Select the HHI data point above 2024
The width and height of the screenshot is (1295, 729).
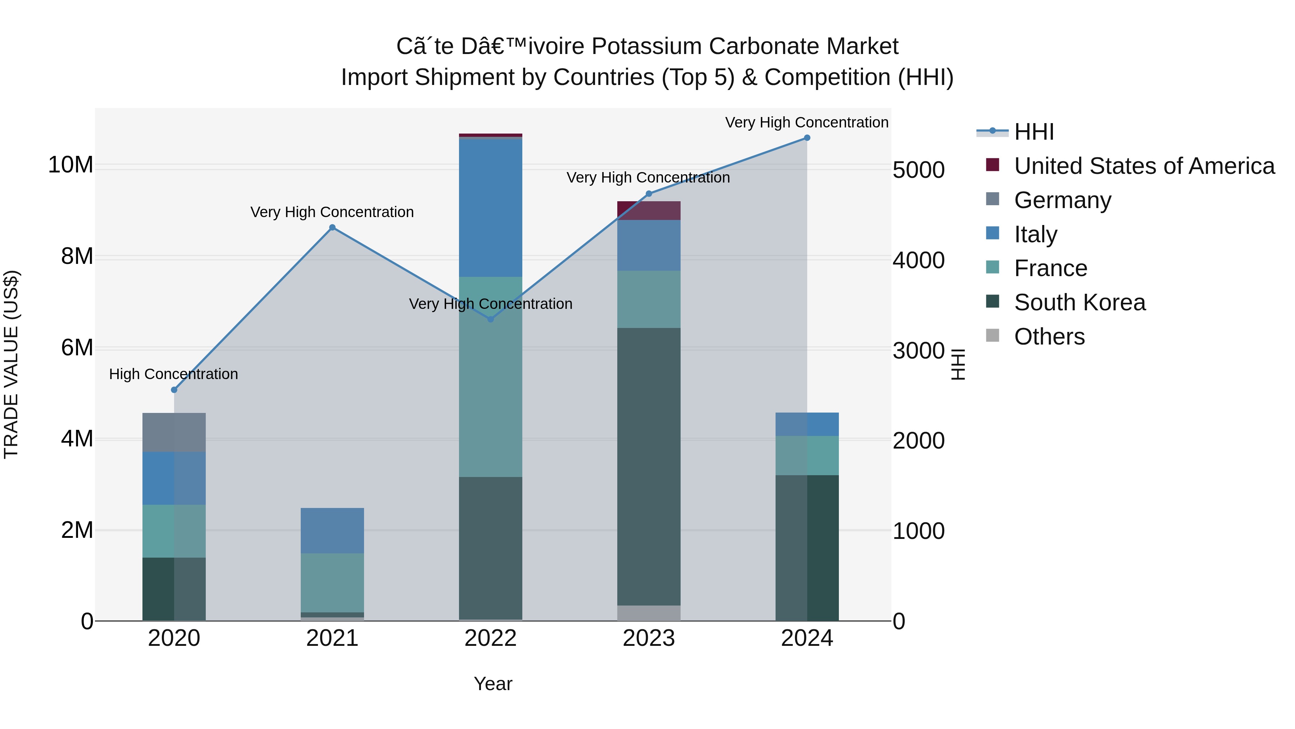point(807,138)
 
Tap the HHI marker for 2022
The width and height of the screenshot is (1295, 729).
point(491,319)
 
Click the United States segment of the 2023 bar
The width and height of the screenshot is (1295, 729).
point(649,210)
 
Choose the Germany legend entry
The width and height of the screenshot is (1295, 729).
point(1062,200)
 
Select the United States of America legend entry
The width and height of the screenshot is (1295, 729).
point(1144,166)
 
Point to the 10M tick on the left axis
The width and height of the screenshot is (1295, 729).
point(71,165)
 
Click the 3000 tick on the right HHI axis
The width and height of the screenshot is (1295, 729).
point(918,351)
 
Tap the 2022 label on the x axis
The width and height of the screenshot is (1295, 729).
point(490,638)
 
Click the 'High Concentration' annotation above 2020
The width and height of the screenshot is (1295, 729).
point(173,374)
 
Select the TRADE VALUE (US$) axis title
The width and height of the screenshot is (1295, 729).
point(11,364)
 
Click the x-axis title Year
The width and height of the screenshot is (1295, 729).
point(493,684)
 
